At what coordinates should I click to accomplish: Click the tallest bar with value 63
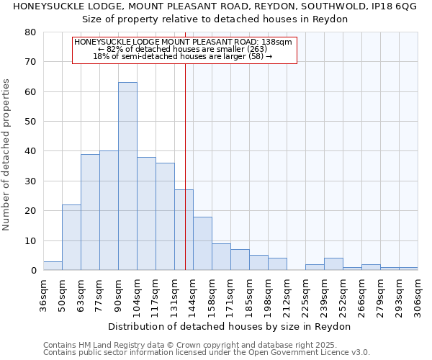tap(127, 176)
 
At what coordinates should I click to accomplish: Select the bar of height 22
tap(71, 238)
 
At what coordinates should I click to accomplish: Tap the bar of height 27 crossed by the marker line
tap(184, 230)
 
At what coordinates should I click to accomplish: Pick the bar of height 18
tap(202, 243)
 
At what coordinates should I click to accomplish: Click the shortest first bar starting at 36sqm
tap(53, 266)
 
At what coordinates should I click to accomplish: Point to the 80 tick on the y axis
tap(30, 32)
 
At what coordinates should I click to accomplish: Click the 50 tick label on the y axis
tap(30, 122)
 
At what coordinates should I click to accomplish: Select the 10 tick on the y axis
tap(30, 240)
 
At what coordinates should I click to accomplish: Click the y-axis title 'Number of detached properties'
tap(7, 151)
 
